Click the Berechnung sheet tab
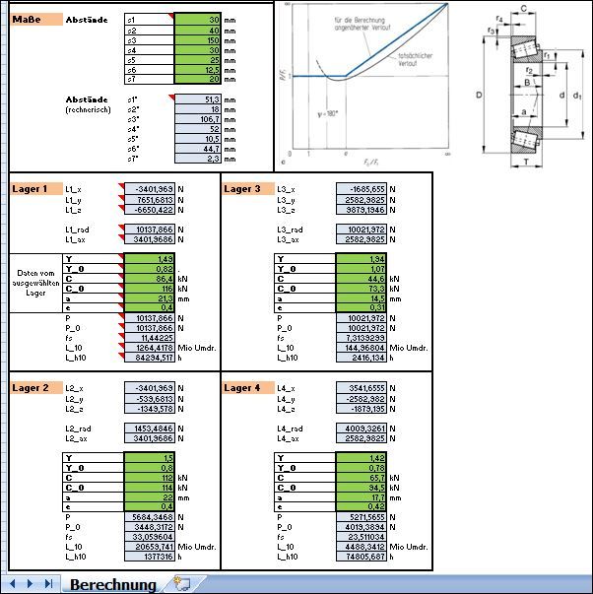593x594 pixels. pyautogui.click(x=113, y=584)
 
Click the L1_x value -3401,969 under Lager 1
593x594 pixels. pyautogui.click(x=150, y=188)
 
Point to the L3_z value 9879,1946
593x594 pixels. pyautogui.click(x=361, y=209)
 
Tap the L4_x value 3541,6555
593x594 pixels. pyautogui.click(x=361, y=387)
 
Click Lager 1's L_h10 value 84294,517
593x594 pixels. pyautogui.click(x=150, y=358)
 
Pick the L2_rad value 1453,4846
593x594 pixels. pyautogui.click(x=150, y=428)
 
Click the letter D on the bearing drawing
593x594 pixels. pyautogui.click(x=478, y=96)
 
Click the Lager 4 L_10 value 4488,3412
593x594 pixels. pyautogui.click(x=361, y=546)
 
